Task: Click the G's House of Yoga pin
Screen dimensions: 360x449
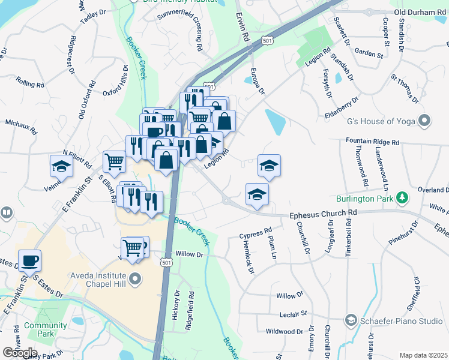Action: (x=424, y=121)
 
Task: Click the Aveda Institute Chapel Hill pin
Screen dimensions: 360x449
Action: (x=136, y=278)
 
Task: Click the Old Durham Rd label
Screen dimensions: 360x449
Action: (x=420, y=13)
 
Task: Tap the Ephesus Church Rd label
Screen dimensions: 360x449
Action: (x=324, y=213)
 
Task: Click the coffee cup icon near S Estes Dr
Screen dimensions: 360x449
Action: (x=29, y=261)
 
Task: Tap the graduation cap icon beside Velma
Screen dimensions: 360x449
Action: (x=61, y=166)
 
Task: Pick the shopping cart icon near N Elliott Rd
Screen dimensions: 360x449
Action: (x=114, y=161)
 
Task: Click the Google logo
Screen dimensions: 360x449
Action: (x=20, y=353)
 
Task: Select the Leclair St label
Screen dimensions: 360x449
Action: (x=293, y=313)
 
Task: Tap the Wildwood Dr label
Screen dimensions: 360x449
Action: (x=285, y=331)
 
